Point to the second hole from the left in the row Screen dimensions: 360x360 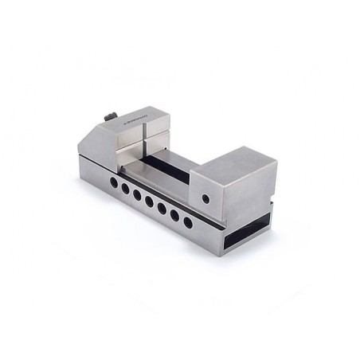click(124, 190)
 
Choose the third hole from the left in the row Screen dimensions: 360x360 click(137, 194)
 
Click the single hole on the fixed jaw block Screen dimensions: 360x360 click(208, 198)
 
